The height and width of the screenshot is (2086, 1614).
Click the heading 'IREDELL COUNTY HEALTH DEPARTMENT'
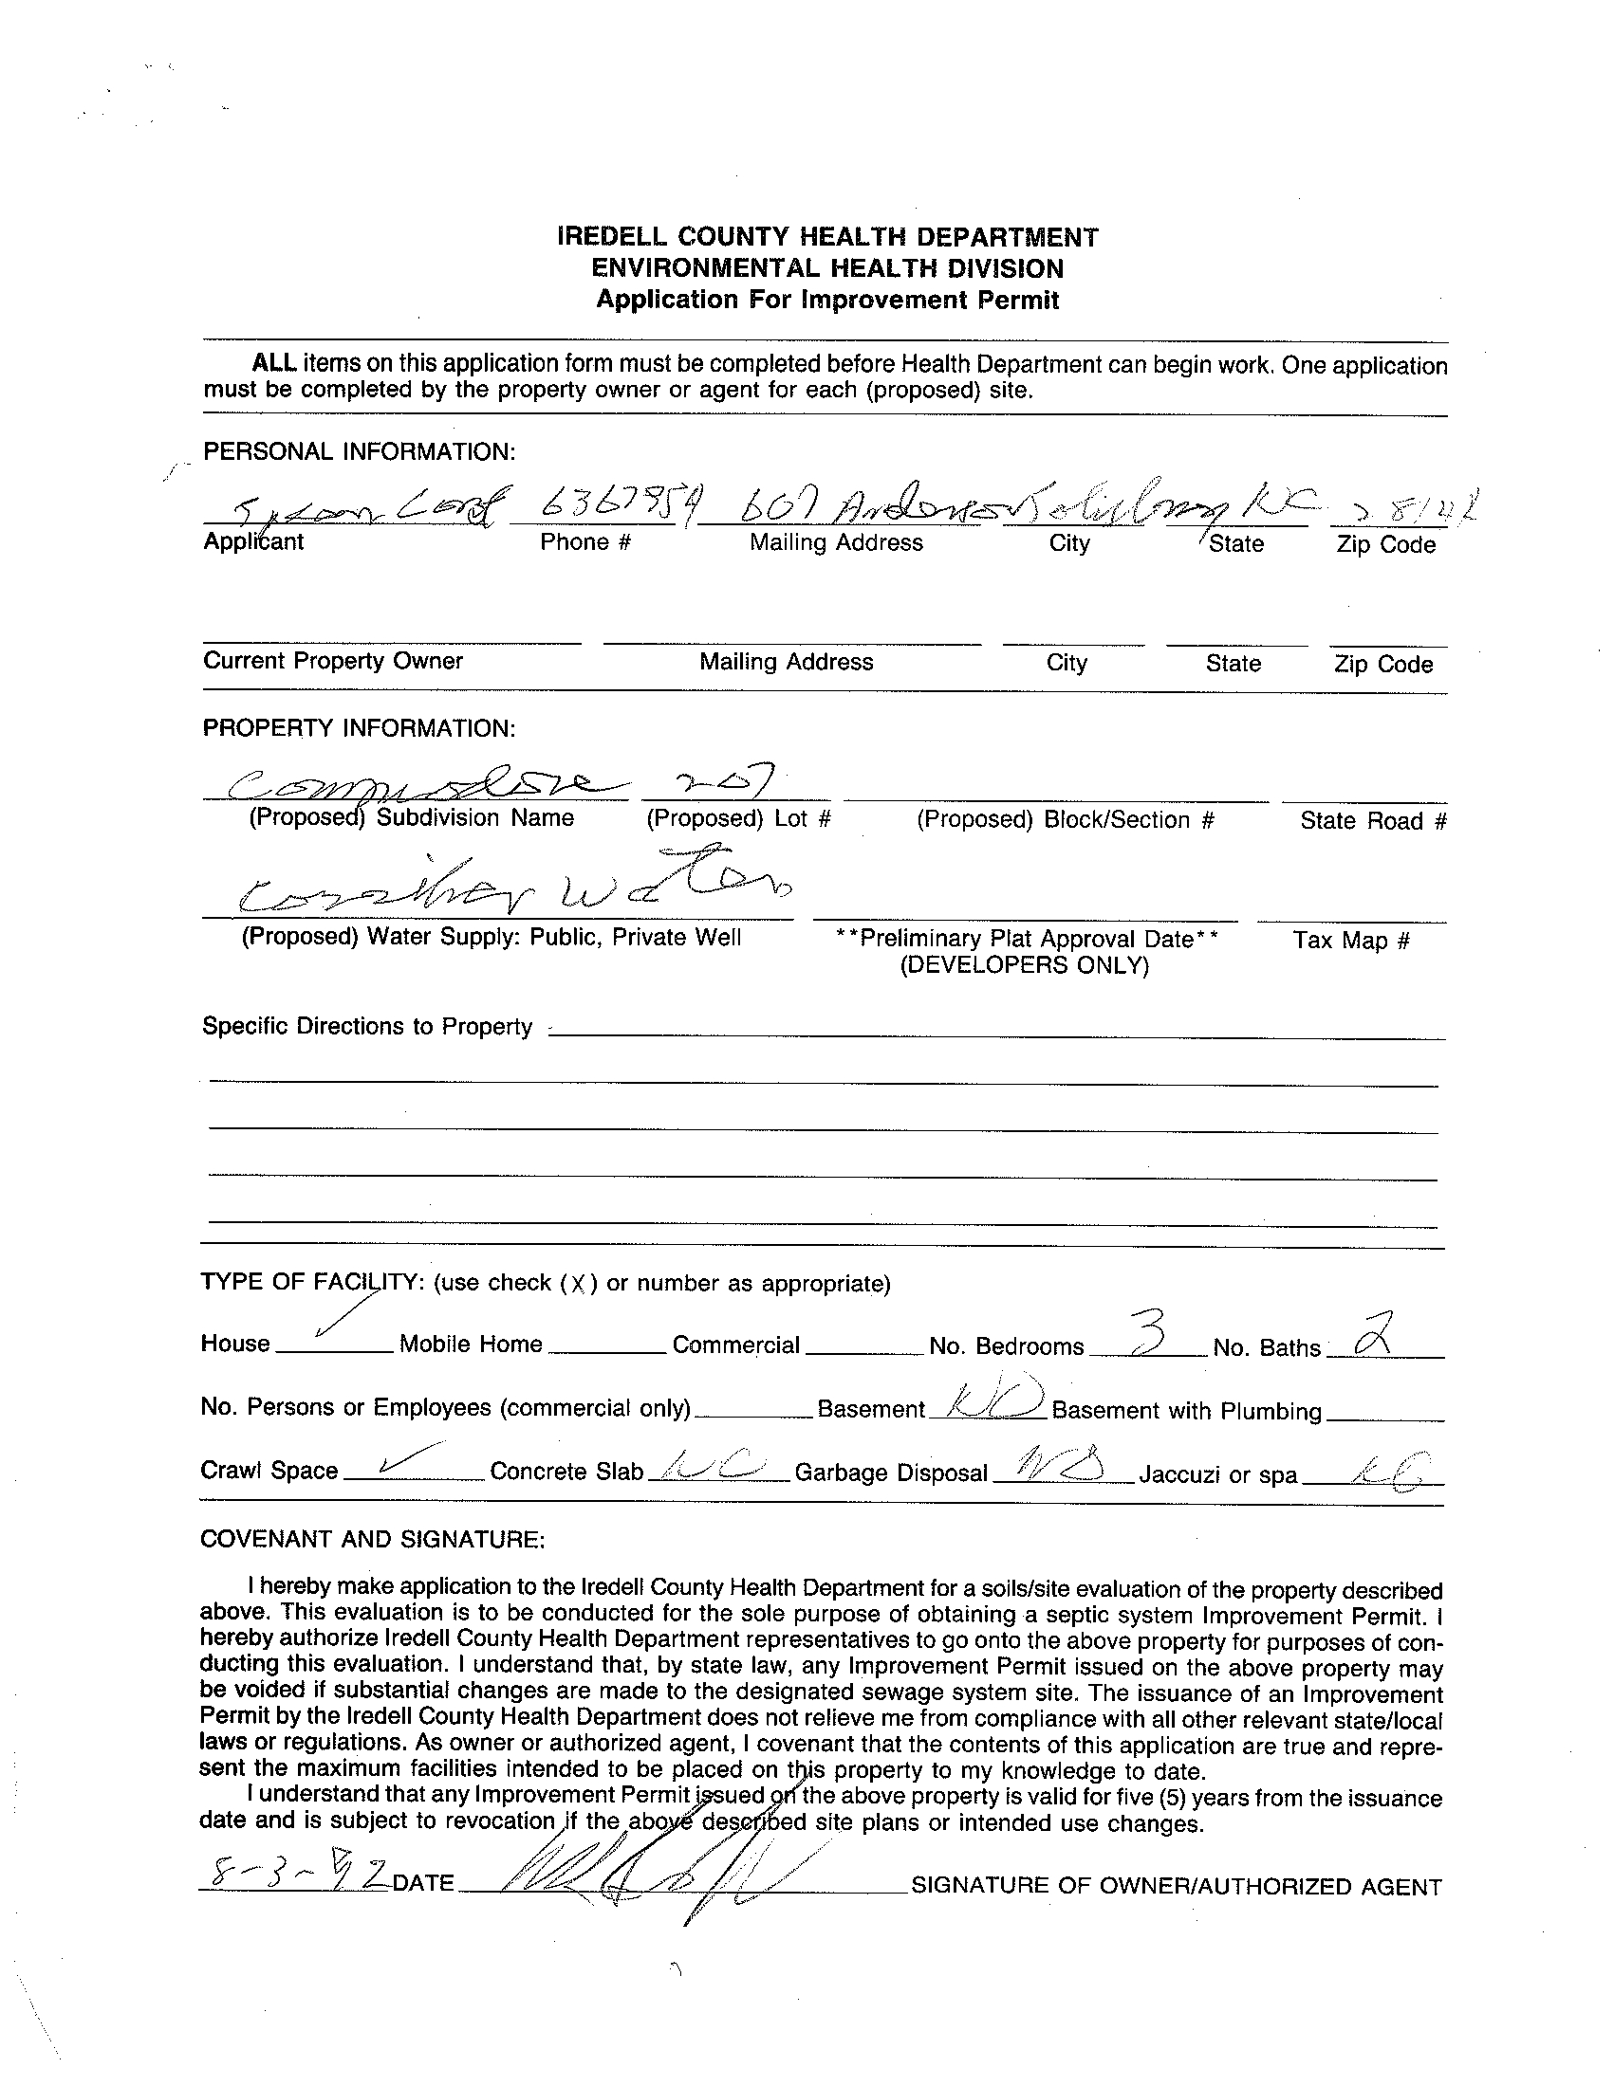click(827, 237)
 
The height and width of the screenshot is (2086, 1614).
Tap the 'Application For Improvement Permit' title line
click(827, 300)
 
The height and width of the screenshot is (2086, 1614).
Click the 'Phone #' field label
click(586, 542)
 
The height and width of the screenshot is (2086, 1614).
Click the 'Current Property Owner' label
click(332, 661)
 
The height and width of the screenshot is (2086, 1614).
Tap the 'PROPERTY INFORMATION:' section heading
click(359, 729)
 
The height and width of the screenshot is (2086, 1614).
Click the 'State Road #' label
click(1373, 820)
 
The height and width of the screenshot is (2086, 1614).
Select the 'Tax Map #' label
click(1351, 941)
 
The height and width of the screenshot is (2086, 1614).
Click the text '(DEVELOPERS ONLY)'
click(1025, 965)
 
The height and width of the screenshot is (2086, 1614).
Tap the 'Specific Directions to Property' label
click(367, 1027)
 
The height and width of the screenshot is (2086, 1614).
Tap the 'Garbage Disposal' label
click(891, 1473)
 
